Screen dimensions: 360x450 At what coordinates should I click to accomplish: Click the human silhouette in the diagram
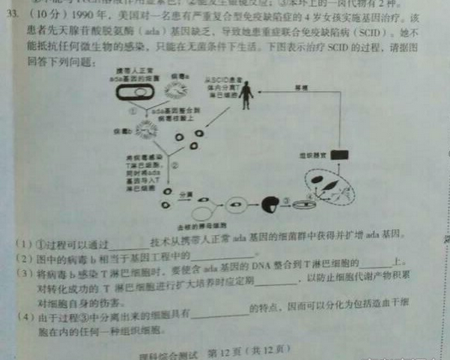(x=245, y=100)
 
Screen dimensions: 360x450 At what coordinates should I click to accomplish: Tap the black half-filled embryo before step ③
(x=270, y=204)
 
